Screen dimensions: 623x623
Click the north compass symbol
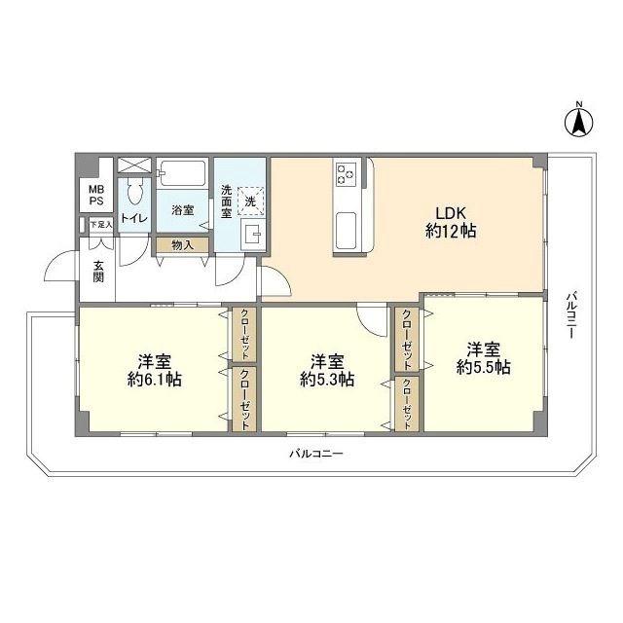579,120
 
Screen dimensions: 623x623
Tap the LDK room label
451,213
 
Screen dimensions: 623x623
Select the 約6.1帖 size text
155,380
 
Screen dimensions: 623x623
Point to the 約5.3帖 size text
327,380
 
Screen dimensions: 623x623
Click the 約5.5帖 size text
484,368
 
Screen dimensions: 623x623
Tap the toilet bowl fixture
135,193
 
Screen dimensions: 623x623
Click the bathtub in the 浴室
183,173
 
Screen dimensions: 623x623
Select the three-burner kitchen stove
345,175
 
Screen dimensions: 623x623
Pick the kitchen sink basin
346,230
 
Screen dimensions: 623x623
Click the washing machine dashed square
251,202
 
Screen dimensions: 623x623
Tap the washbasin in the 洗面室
253,236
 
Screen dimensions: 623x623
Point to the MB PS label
96,195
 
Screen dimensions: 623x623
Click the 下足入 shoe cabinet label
101,225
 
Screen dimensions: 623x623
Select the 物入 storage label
182,245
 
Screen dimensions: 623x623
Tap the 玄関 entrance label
98,271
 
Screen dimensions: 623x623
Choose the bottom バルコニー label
315,454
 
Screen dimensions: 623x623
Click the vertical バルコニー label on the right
571,315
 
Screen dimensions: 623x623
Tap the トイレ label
134,218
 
